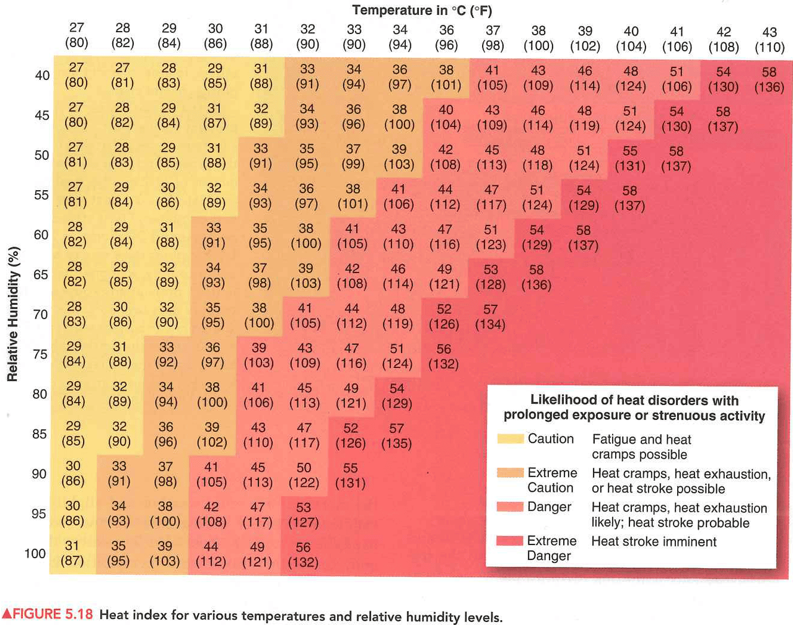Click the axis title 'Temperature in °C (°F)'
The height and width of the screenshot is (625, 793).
click(422, 11)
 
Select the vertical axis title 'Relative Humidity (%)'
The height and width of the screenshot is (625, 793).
click(13, 314)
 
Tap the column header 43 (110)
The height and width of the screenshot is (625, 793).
click(769, 40)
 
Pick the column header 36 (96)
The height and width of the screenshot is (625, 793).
click(446, 38)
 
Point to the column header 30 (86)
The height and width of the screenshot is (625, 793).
click(215, 36)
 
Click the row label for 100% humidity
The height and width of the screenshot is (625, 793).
click(35, 554)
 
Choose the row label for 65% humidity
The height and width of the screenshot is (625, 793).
click(41, 274)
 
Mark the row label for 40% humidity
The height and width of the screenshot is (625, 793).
click(42, 76)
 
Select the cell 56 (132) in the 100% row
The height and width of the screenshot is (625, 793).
click(303, 555)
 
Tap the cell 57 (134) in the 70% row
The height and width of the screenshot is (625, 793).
click(490, 317)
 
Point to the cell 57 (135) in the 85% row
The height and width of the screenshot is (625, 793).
click(396, 436)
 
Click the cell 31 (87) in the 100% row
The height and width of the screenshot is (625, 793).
click(72, 553)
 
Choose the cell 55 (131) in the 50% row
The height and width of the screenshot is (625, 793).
click(630, 159)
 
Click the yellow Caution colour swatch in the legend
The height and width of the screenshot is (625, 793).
click(510, 439)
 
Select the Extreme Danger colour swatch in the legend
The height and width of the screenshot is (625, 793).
click(510, 541)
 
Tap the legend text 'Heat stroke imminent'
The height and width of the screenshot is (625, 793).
click(654, 542)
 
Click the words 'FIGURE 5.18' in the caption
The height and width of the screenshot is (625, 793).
click(53, 614)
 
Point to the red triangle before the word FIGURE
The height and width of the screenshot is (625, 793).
click(7, 614)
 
